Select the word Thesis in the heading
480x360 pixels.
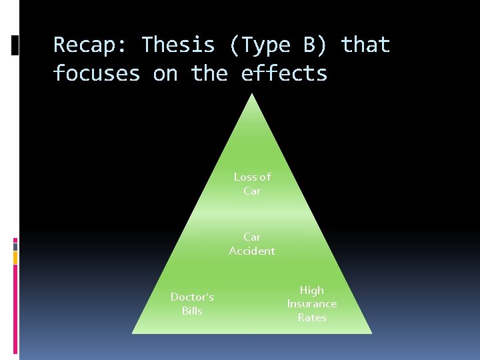click(178, 45)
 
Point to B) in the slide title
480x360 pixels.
click(321, 45)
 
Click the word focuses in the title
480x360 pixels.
click(97, 73)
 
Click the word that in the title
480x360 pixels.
click(365, 45)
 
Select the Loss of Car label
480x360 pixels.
click(252, 184)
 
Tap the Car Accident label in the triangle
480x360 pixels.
click(252, 244)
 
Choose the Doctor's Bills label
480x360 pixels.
click(192, 304)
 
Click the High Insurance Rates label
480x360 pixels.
click(312, 304)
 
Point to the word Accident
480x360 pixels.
click(252, 251)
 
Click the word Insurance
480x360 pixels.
click(312, 304)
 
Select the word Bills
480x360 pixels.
click(192, 311)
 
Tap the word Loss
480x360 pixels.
click(245, 177)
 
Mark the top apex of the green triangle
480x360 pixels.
click(252, 94)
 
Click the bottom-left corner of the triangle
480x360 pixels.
click(133, 333)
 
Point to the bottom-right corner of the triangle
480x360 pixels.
click(371, 333)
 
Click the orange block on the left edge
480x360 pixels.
click(15, 257)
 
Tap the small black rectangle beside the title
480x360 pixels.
click(15, 45)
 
